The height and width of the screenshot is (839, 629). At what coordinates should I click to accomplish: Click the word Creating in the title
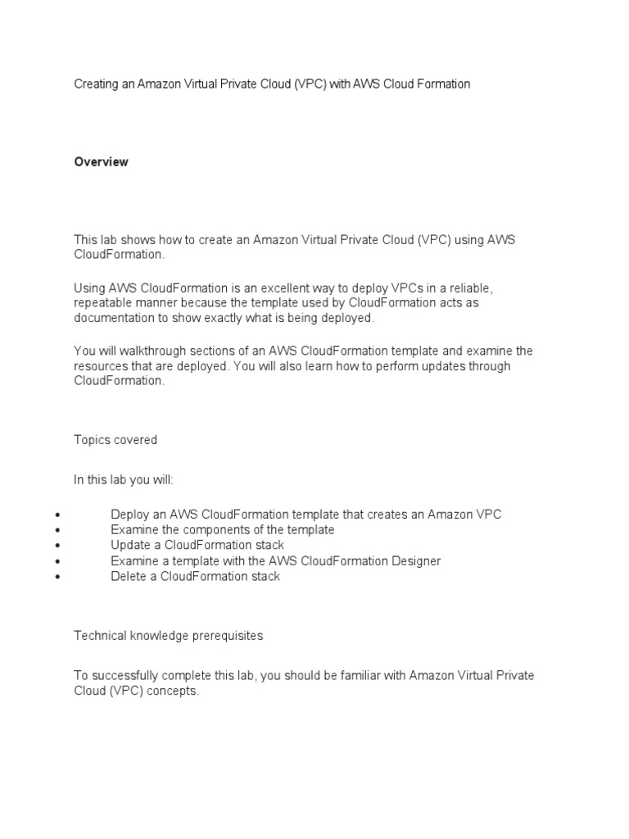pyautogui.click(x=96, y=84)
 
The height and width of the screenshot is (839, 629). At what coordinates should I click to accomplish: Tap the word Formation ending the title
pyautogui.click(x=442, y=84)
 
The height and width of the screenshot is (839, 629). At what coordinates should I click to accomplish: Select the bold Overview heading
pyautogui.click(x=101, y=162)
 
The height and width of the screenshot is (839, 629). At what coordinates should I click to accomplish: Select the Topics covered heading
pyautogui.click(x=115, y=440)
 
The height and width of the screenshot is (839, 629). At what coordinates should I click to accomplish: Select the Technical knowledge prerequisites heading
pyautogui.click(x=169, y=635)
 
